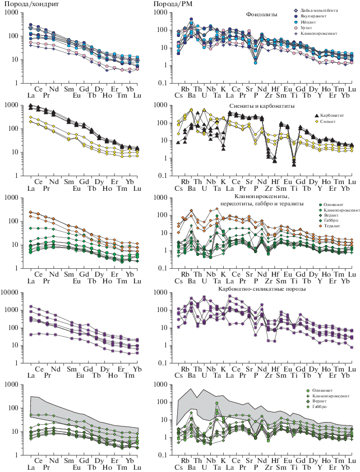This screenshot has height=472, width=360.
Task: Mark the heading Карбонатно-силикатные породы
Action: click(264, 288)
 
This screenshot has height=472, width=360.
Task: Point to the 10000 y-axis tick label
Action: click(11, 292)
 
